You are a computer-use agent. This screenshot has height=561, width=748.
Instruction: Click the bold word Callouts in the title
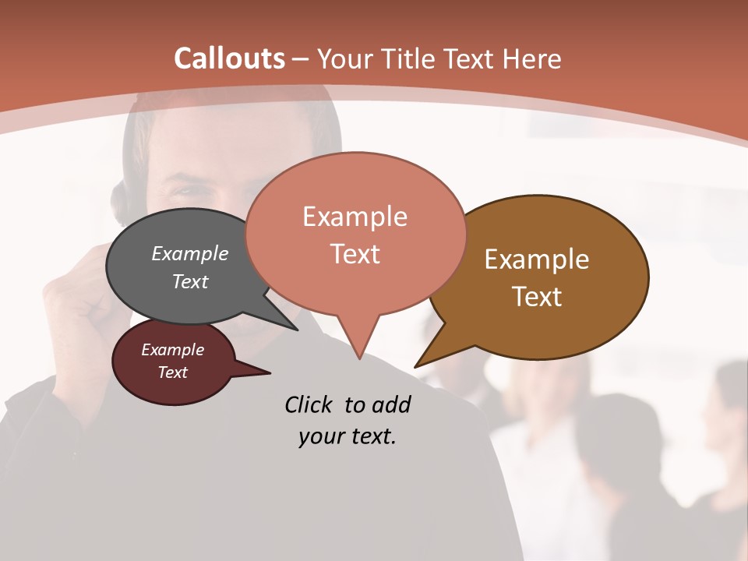[229, 58]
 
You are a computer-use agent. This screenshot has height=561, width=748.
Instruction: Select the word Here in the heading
[532, 59]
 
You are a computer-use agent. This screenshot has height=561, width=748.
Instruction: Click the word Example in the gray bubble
[190, 253]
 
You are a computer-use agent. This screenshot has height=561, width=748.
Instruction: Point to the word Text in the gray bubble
[190, 281]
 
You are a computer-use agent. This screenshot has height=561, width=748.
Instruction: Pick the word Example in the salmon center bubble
[355, 217]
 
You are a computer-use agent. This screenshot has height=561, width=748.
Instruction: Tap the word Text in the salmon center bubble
[355, 254]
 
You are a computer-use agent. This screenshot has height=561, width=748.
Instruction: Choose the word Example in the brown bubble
[537, 259]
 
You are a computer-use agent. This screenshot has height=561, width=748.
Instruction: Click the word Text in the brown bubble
[537, 297]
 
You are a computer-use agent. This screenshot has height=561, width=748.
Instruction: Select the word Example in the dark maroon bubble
[173, 350]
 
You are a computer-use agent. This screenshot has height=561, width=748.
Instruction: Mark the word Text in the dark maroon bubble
[173, 372]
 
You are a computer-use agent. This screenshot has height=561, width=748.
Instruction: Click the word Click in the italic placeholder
[310, 404]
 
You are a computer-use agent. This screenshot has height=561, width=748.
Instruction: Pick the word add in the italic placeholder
[392, 404]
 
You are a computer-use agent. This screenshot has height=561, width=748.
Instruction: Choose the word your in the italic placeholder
[319, 436]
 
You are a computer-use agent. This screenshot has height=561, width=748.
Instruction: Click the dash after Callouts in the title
[301, 59]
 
